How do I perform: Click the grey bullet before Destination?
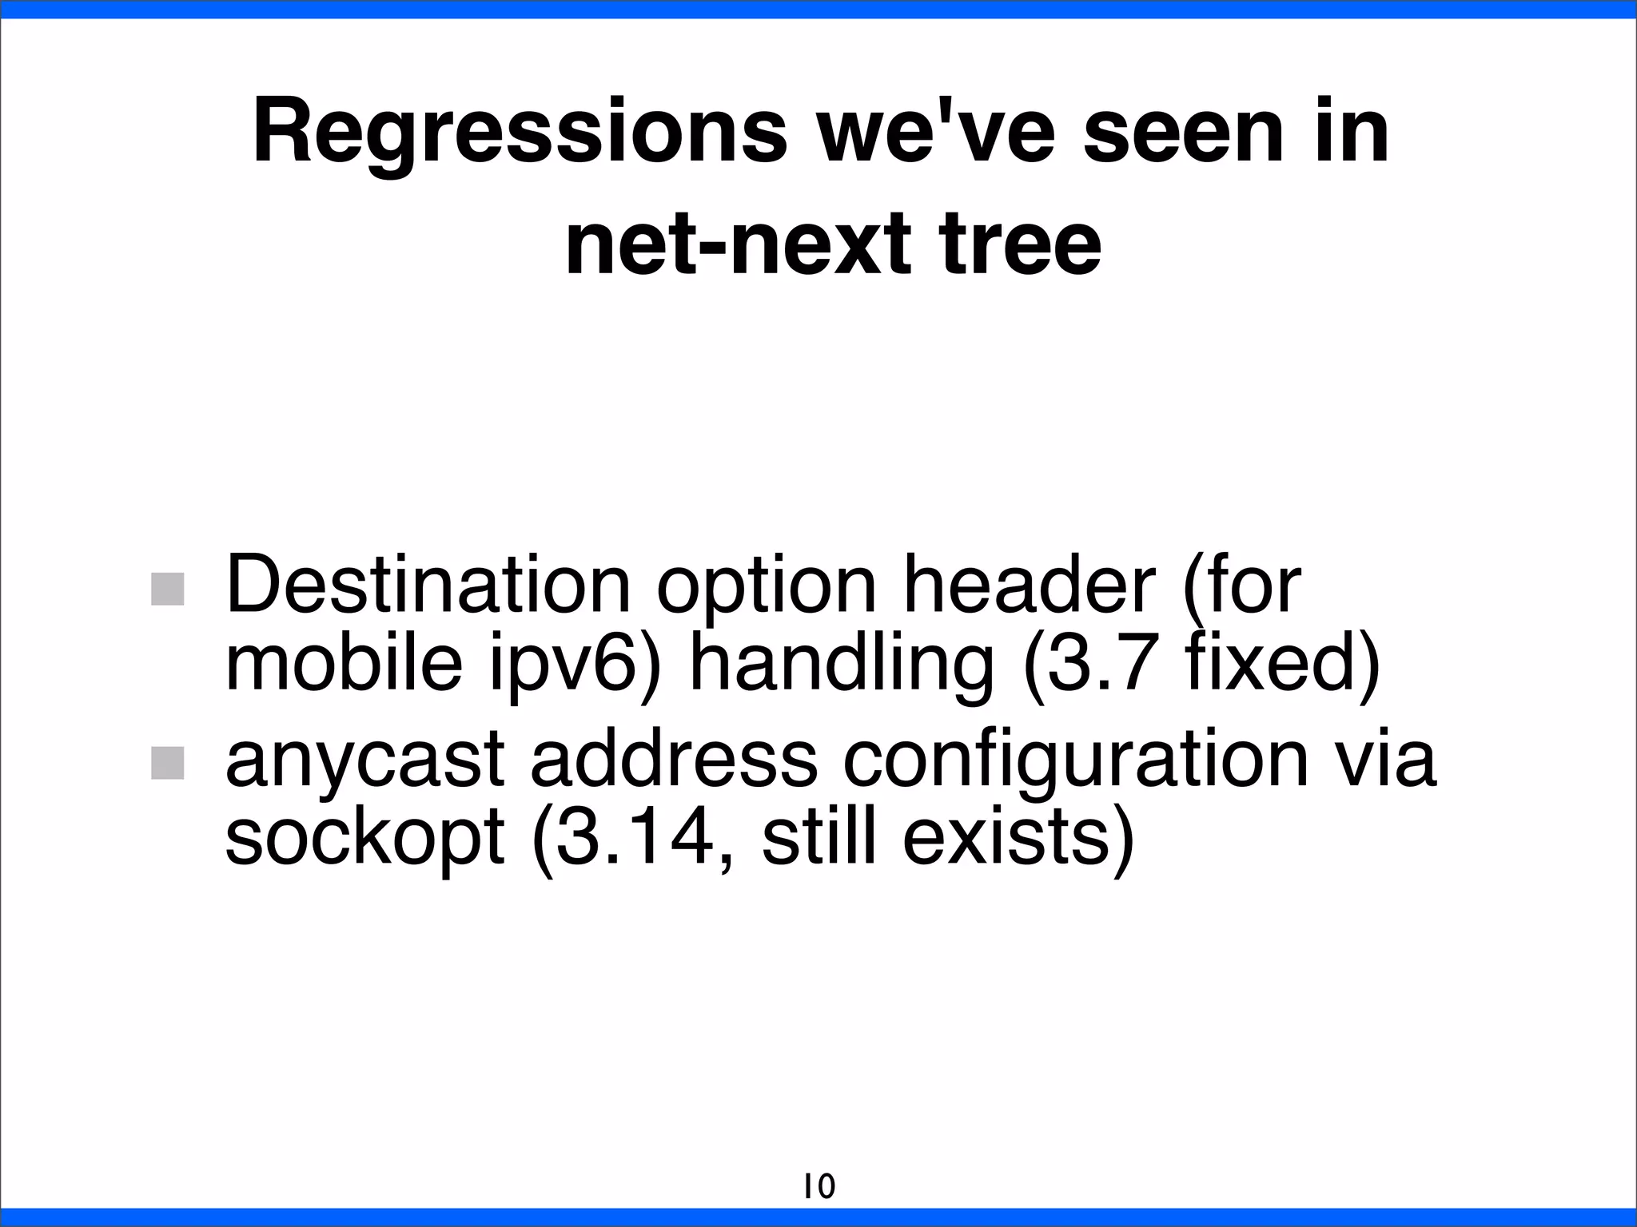168,589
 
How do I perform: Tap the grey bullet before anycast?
168,763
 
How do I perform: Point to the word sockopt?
364,841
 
